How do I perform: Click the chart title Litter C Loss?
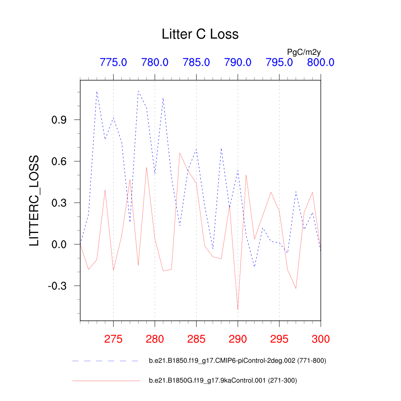[200, 34]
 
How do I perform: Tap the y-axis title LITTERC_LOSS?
[34, 200]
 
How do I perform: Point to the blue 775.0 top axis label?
[113, 62]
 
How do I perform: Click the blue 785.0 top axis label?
[196, 62]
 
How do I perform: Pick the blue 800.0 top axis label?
[320, 62]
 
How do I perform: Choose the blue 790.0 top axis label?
[238, 62]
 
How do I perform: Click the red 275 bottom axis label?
[113, 339]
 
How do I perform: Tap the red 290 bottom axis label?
[238, 339]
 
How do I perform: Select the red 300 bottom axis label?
[320, 339]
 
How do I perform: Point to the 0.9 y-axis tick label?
[60, 120]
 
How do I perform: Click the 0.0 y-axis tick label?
[60, 244]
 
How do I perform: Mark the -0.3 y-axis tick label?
[58, 286]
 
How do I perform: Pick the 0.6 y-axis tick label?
[60, 161]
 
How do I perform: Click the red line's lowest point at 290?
[238, 310]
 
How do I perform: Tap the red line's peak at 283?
[180, 153]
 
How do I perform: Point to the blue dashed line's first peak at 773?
[97, 92]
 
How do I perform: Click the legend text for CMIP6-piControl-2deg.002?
[237, 361]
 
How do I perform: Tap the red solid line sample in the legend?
[106, 380]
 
